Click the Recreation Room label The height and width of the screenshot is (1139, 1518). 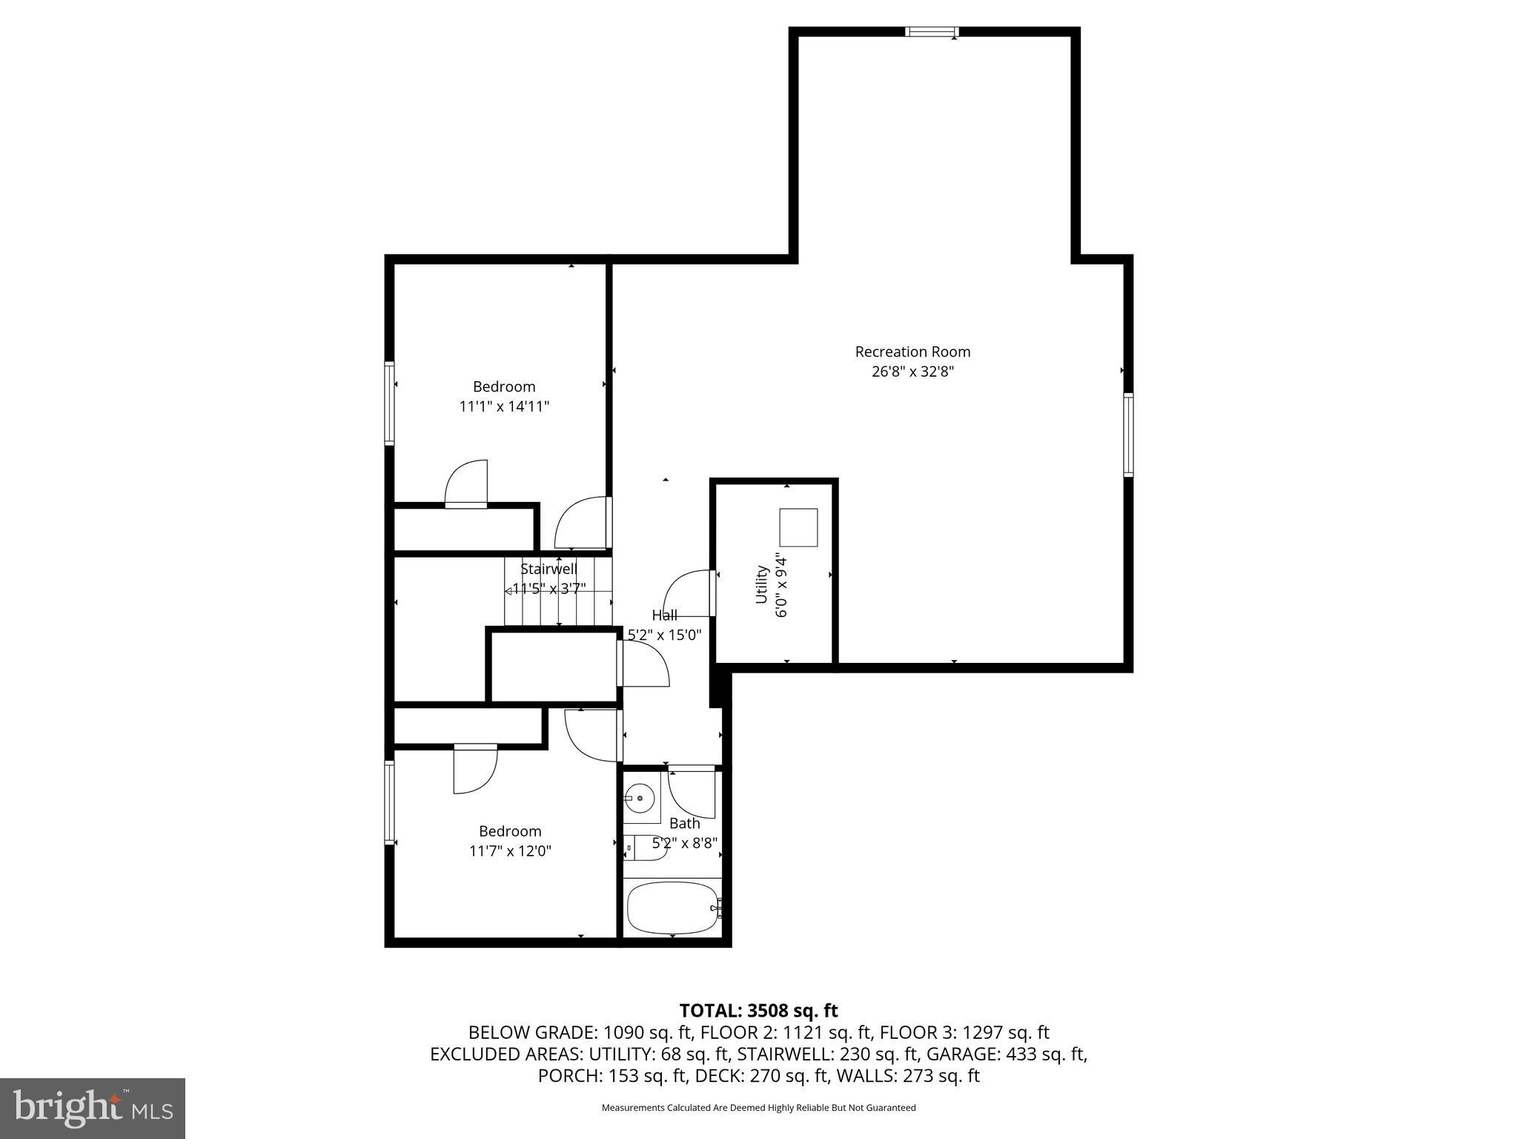(x=912, y=351)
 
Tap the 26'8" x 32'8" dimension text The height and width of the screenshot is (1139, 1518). (x=912, y=372)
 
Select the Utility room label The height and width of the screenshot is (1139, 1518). (x=761, y=584)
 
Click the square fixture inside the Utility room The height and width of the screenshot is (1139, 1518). (x=798, y=527)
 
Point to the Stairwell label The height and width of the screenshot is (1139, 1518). (x=548, y=569)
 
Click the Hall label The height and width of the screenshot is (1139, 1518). (x=664, y=615)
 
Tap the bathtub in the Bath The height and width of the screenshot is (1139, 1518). (x=672, y=908)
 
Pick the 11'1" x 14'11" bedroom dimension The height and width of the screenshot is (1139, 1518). (x=504, y=406)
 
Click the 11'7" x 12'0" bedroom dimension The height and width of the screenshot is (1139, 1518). (x=510, y=851)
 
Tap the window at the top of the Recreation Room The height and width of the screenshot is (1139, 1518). (x=932, y=32)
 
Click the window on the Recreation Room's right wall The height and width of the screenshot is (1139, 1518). (x=1128, y=434)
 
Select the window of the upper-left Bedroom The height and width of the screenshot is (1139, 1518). (x=389, y=403)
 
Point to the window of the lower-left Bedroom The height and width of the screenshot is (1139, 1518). (x=389, y=802)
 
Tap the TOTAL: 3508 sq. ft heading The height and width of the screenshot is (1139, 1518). (x=758, y=1011)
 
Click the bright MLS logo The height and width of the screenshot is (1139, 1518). (x=93, y=1107)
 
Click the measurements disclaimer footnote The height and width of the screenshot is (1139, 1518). (x=758, y=1108)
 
